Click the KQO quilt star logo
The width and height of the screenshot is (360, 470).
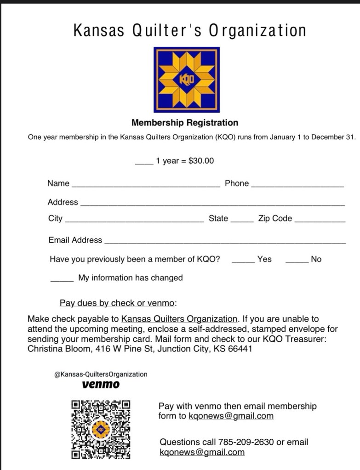click(186, 79)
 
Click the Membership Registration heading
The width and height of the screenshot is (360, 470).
click(185, 123)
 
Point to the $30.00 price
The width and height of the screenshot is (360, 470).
click(201, 161)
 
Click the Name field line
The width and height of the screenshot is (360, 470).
click(146, 186)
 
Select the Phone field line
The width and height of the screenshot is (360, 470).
click(297, 186)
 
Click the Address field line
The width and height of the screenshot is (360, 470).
click(212, 205)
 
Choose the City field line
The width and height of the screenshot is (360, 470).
click(135, 221)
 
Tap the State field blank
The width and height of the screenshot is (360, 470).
click(242, 221)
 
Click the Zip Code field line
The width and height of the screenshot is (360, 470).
click(320, 221)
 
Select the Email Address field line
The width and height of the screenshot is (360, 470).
click(225, 243)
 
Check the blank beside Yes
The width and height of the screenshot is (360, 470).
click(243, 262)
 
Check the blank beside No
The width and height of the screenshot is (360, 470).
click(297, 262)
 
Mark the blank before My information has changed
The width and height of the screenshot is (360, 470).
click(62, 280)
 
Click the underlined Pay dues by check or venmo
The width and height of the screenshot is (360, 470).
click(118, 303)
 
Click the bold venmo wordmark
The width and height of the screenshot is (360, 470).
click(101, 384)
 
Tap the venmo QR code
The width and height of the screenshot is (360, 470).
click(101, 429)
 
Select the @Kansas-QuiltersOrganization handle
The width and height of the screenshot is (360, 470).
click(101, 374)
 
